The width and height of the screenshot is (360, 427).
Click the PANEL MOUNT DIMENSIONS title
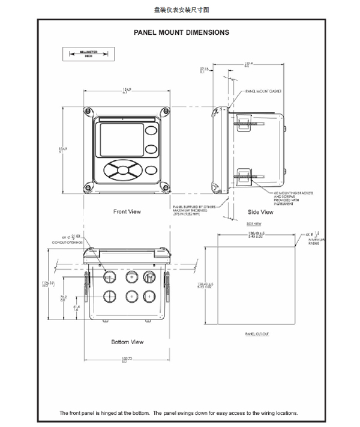pyautogui.click(x=181, y=32)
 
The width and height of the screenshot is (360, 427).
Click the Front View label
pyautogui.click(x=127, y=211)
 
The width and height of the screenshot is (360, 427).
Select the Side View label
pyautogui.click(x=260, y=212)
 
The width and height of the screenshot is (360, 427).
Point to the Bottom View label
pyautogui.click(x=127, y=342)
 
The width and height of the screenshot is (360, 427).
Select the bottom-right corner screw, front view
pyautogui.click(x=164, y=189)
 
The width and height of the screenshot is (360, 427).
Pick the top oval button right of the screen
pyautogui.click(x=152, y=130)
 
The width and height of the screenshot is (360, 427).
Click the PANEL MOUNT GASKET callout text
pyautogui.click(x=264, y=92)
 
